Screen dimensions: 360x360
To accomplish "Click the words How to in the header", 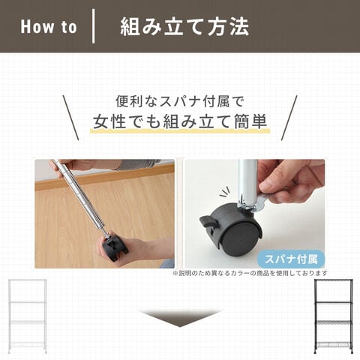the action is pos(49,27).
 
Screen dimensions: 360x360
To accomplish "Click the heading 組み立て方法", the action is pos(184,27).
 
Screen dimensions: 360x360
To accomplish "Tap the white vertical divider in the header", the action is pos(93,26).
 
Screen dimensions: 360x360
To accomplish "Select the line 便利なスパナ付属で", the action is pos(179,101).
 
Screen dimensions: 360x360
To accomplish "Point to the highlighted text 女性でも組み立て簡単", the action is pos(180,121).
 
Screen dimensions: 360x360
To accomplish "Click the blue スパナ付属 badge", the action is pos(291,259).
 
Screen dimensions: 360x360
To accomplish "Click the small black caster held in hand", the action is pos(115,247).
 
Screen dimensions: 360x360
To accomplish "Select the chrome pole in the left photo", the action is pos(82,197).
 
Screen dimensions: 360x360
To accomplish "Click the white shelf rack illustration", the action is pos(27,316).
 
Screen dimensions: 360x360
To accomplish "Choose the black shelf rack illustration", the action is pos(334,316).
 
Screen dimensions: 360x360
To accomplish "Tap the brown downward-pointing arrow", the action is pos(180,318).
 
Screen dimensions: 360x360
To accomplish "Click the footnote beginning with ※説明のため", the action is pos(250,273).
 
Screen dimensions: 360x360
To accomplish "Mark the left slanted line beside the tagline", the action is pos(70,118).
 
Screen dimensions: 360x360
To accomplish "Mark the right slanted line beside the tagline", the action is pos(289,118).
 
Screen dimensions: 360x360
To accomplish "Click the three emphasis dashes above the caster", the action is pos(224,192).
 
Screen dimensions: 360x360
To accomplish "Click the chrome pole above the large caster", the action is pos(247,182).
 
